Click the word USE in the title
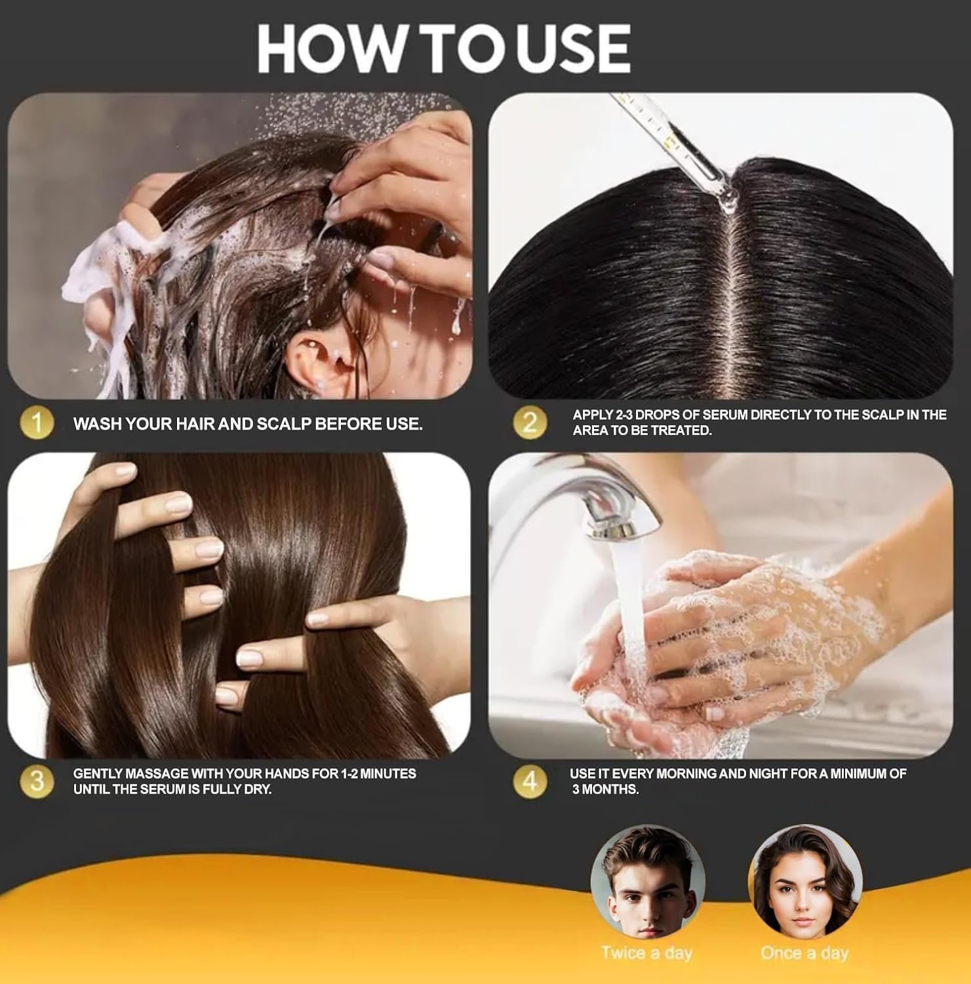point(572,49)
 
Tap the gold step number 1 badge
point(37,423)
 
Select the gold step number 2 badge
point(529,422)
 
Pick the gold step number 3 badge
point(37,781)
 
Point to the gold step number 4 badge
point(529,781)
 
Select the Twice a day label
point(646,953)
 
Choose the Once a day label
point(804,953)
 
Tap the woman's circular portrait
point(805,882)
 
